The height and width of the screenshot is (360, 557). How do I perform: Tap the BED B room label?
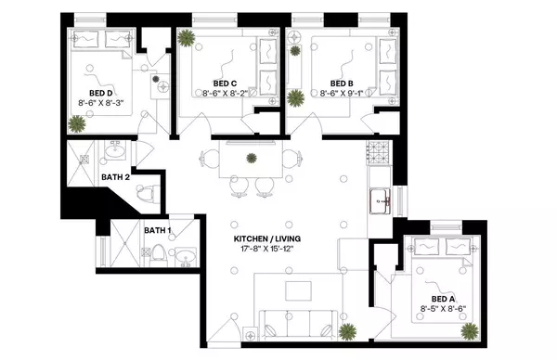click(332, 82)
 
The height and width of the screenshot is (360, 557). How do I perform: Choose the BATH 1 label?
click(157, 229)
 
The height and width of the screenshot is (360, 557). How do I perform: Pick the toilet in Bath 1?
click(159, 252)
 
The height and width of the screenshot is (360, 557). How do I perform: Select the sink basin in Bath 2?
click(117, 150)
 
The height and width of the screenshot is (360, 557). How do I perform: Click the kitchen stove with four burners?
click(379, 150)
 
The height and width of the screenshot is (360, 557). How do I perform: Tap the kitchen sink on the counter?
click(381, 198)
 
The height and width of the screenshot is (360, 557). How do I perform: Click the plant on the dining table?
click(251, 159)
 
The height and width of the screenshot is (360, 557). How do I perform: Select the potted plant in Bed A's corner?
click(472, 329)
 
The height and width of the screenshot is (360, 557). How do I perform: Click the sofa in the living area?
click(296, 323)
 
